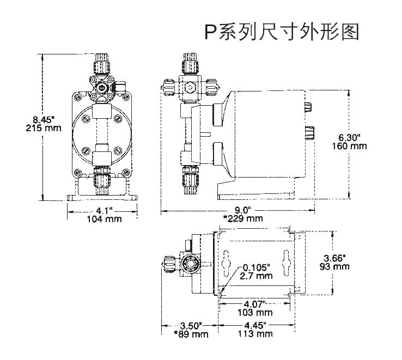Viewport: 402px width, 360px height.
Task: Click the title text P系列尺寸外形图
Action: pyautogui.click(x=282, y=32)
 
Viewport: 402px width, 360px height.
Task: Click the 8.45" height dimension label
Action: pyautogui.click(x=44, y=119)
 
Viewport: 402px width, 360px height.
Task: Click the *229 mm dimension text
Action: pyautogui.click(x=243, y=218)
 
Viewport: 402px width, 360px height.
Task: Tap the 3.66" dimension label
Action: pyautogui.click(x=333, y=258)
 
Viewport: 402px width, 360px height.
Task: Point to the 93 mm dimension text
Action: pyautogui.click(x=333, y=266)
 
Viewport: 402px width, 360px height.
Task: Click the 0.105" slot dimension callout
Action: pyautogui.click(x=257, y=267)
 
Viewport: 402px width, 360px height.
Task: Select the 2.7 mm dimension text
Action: pyautogui.click(x=258, y=276)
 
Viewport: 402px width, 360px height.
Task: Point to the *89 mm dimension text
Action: pyautogui.click(x=191, y=334)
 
